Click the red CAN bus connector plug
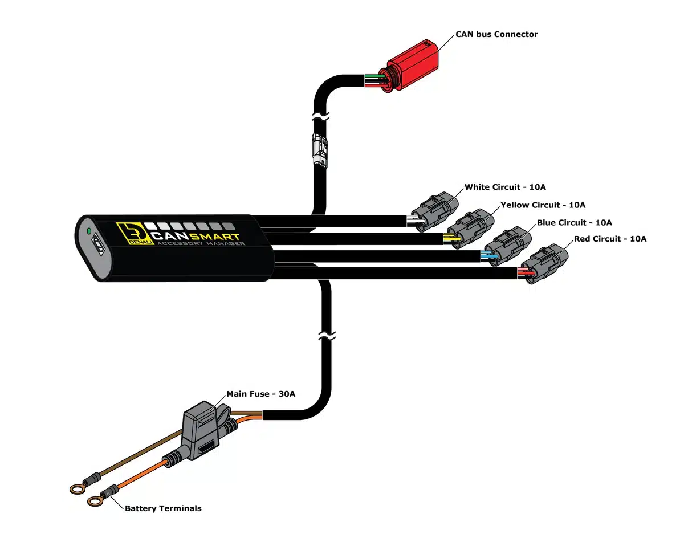(x=412, y=68)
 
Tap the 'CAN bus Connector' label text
(x=496, y=34)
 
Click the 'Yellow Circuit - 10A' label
(x=543, y=205)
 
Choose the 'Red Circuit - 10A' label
(x=610, y=239)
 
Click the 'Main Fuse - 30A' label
(x=260, y=394)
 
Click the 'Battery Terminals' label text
(x=163, y=508)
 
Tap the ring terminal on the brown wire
(x=76, y=488)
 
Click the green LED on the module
(x=88, y=231)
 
